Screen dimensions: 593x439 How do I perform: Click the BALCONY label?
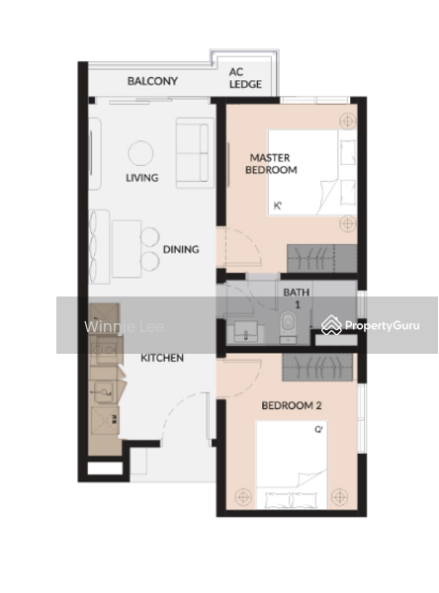[x=152, y=81]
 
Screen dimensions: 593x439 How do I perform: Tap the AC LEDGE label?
[x=245, y=78]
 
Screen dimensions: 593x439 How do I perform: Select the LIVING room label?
[x=141, y=179]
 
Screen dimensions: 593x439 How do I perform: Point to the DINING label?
[x=182, y=250]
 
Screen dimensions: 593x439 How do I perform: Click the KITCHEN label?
[x=161, y=358]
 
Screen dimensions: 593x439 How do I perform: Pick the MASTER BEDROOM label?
[x=271, y=164]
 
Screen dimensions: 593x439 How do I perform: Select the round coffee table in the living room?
[x=141, y=152]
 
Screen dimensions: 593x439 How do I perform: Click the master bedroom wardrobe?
[x=321, y=257]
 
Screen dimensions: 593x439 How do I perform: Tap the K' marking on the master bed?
[x=279, y=206]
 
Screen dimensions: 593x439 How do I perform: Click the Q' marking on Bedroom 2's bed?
[x=319, y=430]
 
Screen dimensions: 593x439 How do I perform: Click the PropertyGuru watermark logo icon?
[x=332, y=324]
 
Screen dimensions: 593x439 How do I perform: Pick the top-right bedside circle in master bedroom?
[x=346, y=121]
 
